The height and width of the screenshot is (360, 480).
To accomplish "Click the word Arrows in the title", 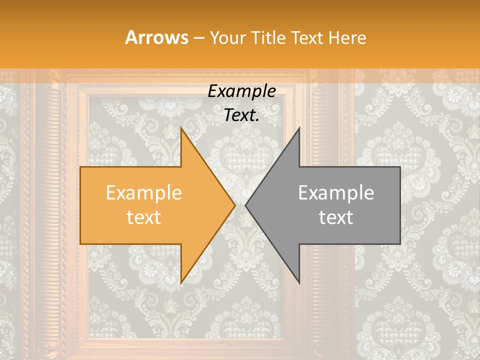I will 156,37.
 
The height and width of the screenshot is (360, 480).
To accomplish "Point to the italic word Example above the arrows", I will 241,91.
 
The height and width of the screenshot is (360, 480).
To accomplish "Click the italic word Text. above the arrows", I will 241,115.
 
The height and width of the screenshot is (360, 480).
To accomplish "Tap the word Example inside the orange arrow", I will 143,193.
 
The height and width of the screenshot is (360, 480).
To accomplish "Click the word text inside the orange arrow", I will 143,217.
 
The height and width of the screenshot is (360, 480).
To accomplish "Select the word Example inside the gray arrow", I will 336,193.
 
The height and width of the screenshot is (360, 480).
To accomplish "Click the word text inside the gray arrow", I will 336,217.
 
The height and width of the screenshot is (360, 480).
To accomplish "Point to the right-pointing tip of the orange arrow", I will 235,205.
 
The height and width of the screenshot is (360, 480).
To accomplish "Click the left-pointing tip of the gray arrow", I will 245,205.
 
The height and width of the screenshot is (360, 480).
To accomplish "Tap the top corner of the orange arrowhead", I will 181,128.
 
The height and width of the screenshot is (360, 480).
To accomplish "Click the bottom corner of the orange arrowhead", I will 181,283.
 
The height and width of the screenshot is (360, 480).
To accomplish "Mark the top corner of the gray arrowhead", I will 299,128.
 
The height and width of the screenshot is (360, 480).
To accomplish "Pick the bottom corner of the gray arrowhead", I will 299,283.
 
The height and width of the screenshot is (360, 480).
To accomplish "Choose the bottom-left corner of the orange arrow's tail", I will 80,244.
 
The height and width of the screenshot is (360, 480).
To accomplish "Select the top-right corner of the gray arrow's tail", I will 400,167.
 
